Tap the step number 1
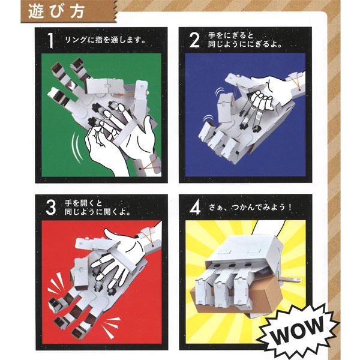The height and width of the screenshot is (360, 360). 53,41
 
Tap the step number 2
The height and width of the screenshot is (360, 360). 194,41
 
